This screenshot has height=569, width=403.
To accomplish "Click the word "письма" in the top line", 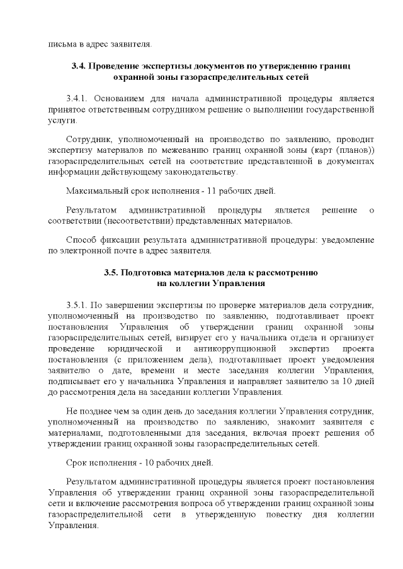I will [x=60, y=44].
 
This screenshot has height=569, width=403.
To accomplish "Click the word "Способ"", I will [x=81, y=240].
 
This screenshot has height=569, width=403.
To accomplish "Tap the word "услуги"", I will [x=60, y=119].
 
